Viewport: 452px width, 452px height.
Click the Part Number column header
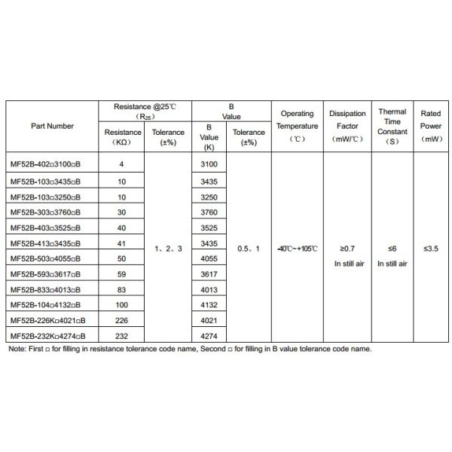click(53, 126)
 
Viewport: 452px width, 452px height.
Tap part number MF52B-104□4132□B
click(47, 304)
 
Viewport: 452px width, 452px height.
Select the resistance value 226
click(121, 319)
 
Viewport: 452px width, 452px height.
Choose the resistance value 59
click(121, 273)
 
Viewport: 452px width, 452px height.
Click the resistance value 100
click(121, 304)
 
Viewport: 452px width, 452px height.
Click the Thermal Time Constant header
click(392, 126)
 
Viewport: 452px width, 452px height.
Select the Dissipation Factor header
click(347, 126)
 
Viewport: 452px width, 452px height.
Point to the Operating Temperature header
click(297, 126)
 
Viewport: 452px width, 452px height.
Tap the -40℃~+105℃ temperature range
click(297, 248)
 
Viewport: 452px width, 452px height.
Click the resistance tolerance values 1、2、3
click(168, 248)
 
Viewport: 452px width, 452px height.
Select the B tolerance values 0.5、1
click(248, 248)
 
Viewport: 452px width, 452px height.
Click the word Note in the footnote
click(16, 349)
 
